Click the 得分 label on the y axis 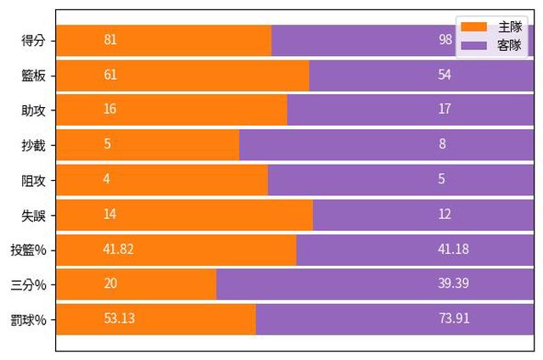click(x=35, y=40)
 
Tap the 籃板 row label click(x=35, y=75)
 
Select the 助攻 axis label click(x=35, y=110)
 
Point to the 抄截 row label click(x=35, y=144)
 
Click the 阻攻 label click(x=35, y=179)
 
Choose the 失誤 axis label click(x=35, y=214)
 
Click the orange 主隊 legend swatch click(x=473, y=28)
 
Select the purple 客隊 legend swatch click(x=473, y=44)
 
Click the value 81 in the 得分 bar click(x=110, y=40)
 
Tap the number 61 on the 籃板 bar click(x=110, y=75)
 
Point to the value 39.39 click(x=453, y=284)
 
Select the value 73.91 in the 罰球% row click(x=453, y=318)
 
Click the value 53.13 click(x=119, y=318)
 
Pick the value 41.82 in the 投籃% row click(x=119, y=249)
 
